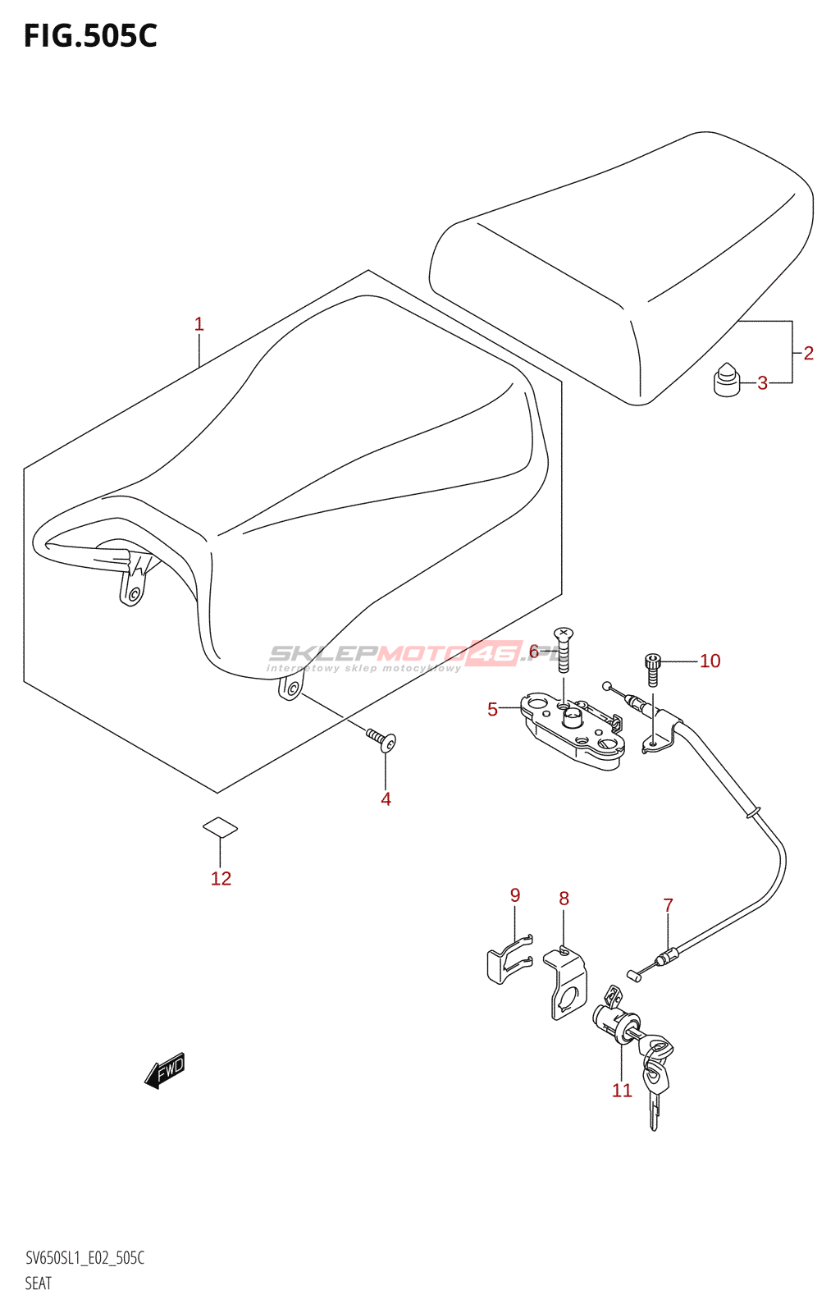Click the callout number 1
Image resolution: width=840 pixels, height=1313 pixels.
tap(199, 324)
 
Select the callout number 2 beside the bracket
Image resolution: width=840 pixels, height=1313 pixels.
tap(808, 353)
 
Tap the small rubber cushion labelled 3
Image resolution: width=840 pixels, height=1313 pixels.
tap(726, 379)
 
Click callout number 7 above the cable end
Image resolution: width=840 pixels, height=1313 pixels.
tap(668, 905)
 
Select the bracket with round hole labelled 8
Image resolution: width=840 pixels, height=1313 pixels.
tap(566, 985)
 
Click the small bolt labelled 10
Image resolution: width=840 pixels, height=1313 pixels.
tap(652, 669)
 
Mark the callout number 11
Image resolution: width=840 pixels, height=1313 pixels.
tap(622, 1090)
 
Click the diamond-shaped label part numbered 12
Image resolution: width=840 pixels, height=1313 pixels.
tap(221, 828)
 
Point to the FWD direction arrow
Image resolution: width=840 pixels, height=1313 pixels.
tap(166, 1070)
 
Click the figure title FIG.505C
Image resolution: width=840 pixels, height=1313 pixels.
tap(90, 36)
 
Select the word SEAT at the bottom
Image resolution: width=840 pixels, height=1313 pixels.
tap(38, 1283)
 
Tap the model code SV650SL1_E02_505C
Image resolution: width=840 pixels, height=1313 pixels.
tap(84, 1258)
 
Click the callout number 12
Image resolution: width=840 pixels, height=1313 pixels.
tap(221, 878)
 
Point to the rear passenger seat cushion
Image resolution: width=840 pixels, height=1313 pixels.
tap(623, 263)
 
